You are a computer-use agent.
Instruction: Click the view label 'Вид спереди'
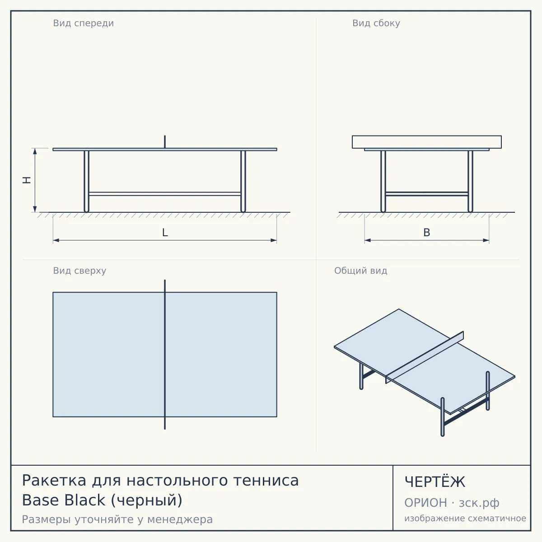tap(83, 23)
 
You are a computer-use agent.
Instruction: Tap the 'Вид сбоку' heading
tap(376, 23)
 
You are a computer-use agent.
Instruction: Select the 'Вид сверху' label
tap(79, 271)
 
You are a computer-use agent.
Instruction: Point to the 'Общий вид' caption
tap(360, 271)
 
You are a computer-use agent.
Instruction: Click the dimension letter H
tap(27, 180)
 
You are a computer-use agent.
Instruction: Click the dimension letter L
tap(165, 233)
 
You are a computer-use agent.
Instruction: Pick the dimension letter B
tap(427, 233)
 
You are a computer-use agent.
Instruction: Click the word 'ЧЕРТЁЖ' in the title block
tap(435, 481)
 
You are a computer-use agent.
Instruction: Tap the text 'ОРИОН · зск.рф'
tap(452, 503)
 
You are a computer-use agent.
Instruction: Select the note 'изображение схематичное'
tap(465, 518)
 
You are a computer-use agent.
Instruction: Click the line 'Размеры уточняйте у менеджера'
tap(117, 519)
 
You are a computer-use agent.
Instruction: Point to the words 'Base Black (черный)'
tap(102, 500)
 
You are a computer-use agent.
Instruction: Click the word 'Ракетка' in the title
tap(54, 480)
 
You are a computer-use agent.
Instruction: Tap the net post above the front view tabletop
tap(165, 142)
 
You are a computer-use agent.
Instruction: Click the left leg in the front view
tap(86, 182)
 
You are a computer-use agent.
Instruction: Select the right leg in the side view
tap(470, 182)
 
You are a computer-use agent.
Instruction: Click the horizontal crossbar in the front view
tap(165, 194)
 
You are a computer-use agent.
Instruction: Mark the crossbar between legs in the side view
tap(427, 194)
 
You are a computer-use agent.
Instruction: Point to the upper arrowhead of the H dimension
tap(35, 151)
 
